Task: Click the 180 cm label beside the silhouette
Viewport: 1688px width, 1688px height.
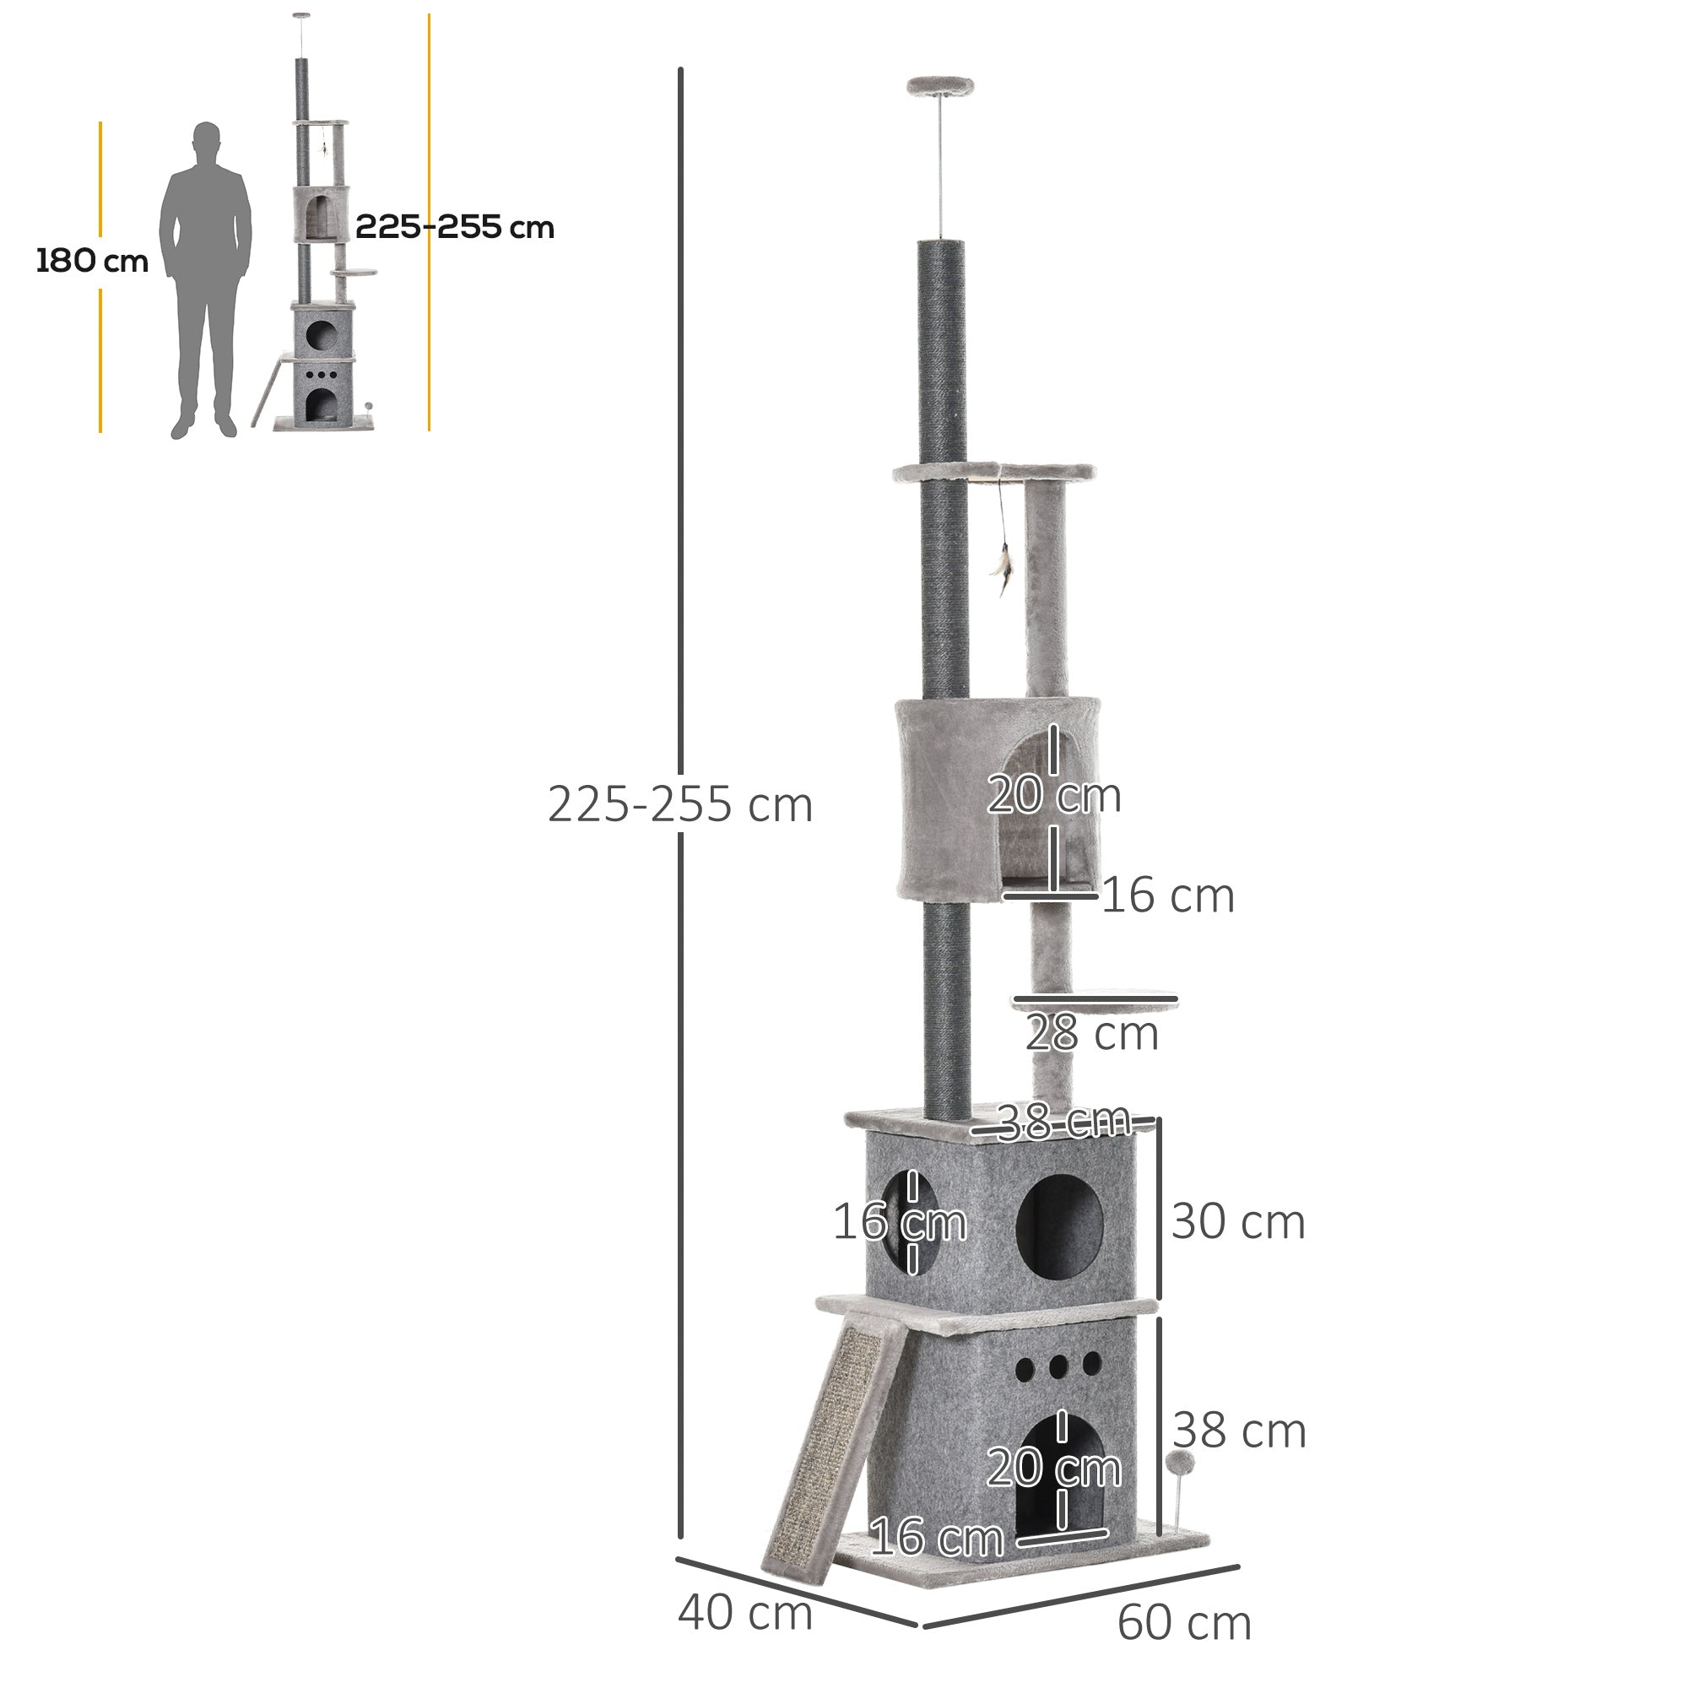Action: click(x=92, y=260)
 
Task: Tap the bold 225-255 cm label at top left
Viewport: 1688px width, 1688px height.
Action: click(x=454, y=227)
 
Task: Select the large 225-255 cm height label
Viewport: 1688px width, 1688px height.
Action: click(x=679, y=803)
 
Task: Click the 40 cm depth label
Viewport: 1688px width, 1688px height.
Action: click(x=744, y=1612)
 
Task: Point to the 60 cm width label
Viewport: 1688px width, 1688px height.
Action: click(x=1184, y=1622)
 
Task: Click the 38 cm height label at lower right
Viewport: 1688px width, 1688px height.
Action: click(x=1238, y=1431)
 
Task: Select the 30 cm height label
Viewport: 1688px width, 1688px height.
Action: click(x=1237, y=1220)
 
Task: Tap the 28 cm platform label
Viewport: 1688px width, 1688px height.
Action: click(x=1091, y=1034)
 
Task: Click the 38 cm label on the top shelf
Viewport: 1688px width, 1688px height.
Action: click(x=1063, y=1121)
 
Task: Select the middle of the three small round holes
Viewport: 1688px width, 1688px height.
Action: click(x=1059, y=1365)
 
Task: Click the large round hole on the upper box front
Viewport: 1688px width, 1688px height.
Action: click(x=1060, y=1226)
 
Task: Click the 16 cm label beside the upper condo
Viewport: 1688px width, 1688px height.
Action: click(x=1167, y=895)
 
